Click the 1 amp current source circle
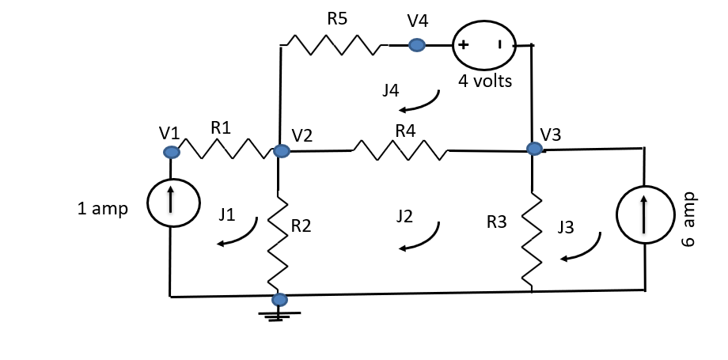click(170, 207)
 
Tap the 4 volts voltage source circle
click(483, 46)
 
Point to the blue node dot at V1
click(170, 152)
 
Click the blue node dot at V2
click(280, 150)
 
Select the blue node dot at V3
click(535, 149)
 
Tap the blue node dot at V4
click(416, 46)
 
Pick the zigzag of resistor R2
click(279, 244)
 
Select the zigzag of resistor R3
click(532, 239)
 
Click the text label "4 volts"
click(485, 81)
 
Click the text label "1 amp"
click(102, 209)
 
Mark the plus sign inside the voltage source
click(463, 45)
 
